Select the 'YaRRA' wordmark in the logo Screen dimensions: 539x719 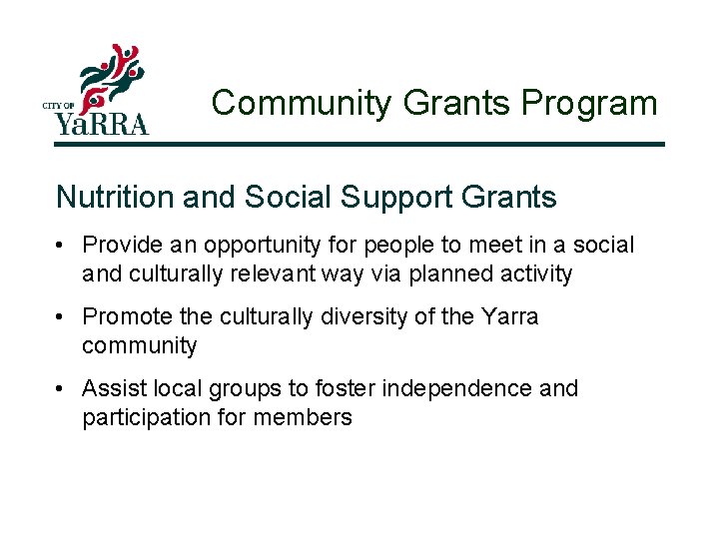(101, 124)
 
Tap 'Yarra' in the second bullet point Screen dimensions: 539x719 (508, 317)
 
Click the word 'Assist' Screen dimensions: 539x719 (111, 388)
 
